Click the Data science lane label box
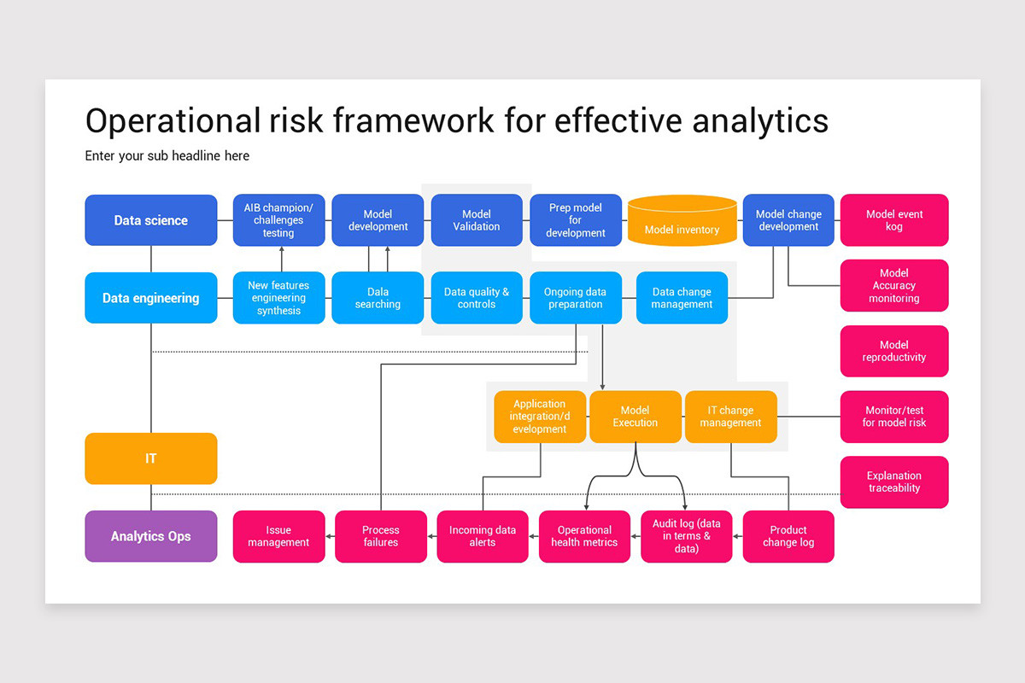click(151, 220)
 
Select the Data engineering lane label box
click(151, 298)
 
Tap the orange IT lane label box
click(151, 458)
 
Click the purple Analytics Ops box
click(151, 536)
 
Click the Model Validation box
click(477, 220)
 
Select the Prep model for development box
click(576, 220)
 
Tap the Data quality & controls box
click(477, 298)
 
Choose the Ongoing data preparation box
click(576, 298)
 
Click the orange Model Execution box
click(635, 417)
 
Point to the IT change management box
click(731, 417)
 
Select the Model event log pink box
click(894, 220)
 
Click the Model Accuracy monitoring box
click(894, 286)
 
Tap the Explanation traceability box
click(894, 482)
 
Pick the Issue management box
click(279, 536)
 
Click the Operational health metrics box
click(584, 536)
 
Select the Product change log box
click(788, 536)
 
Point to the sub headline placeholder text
click(167, 156)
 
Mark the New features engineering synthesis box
click(279, 298)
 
